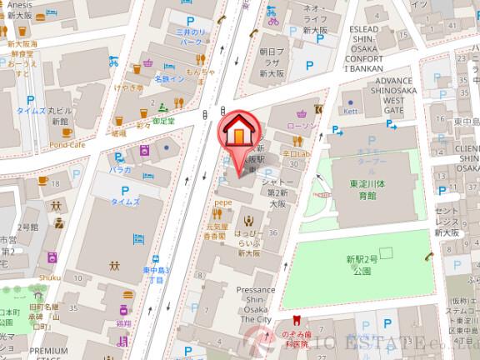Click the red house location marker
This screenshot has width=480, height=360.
pos(237,132)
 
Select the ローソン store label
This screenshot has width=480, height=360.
pos(301,125)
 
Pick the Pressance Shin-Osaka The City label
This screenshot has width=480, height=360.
pos(254,303)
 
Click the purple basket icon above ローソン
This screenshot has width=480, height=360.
pos(299,112)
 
